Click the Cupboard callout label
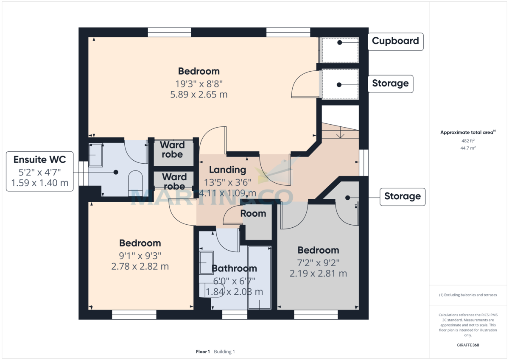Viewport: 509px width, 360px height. click(395, 41)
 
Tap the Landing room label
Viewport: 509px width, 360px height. click(228, 170)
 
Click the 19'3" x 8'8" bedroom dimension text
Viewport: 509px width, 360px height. click(199, 84)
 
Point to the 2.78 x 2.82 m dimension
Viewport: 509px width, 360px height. click(140, 266)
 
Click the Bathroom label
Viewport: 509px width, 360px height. click(234, 268)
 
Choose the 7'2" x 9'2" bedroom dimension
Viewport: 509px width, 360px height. click(318, 262)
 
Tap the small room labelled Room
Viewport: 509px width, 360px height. click(253, 213)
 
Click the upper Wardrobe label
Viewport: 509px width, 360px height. click(172, 150)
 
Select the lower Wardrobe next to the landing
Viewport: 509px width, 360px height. click(174, 181)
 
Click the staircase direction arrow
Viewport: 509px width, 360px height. click(340, 134)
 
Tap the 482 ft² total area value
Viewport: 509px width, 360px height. click(468, 140)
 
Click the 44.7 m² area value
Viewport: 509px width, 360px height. click(468, 148)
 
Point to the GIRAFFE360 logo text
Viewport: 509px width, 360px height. click(468, 345)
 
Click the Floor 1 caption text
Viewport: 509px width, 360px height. click(203, 352)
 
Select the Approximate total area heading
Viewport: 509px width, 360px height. click(467, 133)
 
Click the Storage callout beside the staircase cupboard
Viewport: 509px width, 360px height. click(402, 196)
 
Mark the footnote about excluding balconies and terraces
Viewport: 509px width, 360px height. click(468, 295)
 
